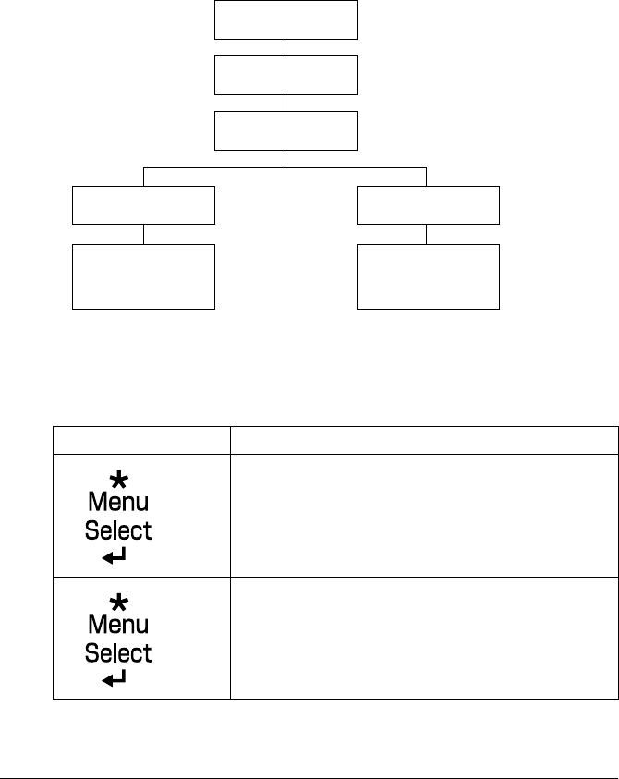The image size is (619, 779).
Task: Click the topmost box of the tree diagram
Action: [285, 19]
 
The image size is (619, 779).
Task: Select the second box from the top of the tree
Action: [285, 75]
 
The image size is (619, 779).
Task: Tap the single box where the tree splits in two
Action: [285, 131]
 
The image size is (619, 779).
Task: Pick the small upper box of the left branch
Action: [143, 204]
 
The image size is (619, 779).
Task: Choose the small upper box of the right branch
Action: [428, 204]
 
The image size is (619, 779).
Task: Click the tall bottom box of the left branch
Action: [143, 276]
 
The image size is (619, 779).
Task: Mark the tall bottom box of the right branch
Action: [428, 276]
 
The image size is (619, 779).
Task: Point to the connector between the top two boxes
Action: [285, 47]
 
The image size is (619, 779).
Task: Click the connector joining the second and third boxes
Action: [285, 103]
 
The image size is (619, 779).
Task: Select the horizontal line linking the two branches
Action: [285, 168]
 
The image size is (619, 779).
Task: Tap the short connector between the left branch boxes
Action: [143, 234]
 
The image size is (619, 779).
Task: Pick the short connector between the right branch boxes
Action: [428, 234]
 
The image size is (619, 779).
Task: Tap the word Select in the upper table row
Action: [118, 530]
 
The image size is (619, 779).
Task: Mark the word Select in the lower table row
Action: [118, 653]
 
